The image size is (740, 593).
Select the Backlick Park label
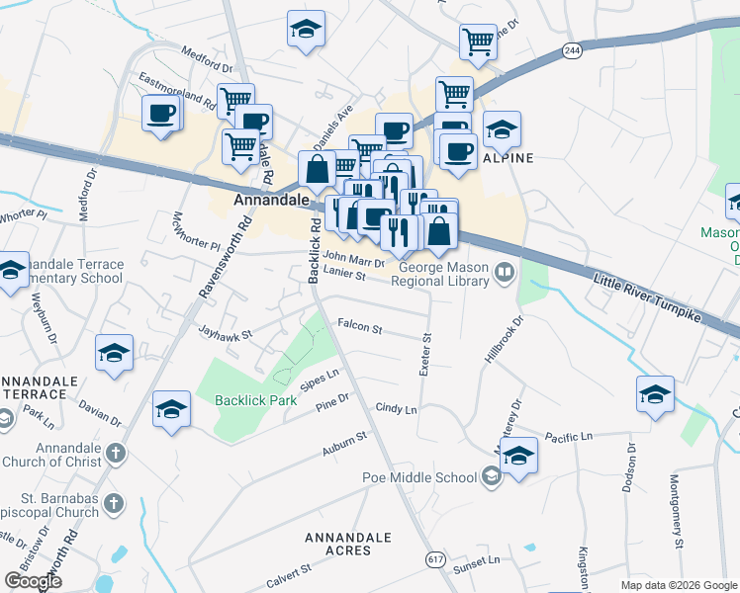(256, 401)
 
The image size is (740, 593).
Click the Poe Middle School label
(433, 477)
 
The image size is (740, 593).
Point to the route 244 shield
(571, 50)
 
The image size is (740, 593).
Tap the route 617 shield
(434, 559)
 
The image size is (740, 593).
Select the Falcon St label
(359, 324)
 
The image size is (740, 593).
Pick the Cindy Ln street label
(396, 408)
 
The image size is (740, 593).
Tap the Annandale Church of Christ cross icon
(116, 454)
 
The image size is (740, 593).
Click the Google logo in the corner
(33, 581)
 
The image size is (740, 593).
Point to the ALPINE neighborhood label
(509, 158)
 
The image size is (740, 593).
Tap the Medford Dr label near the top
(206, 61)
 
